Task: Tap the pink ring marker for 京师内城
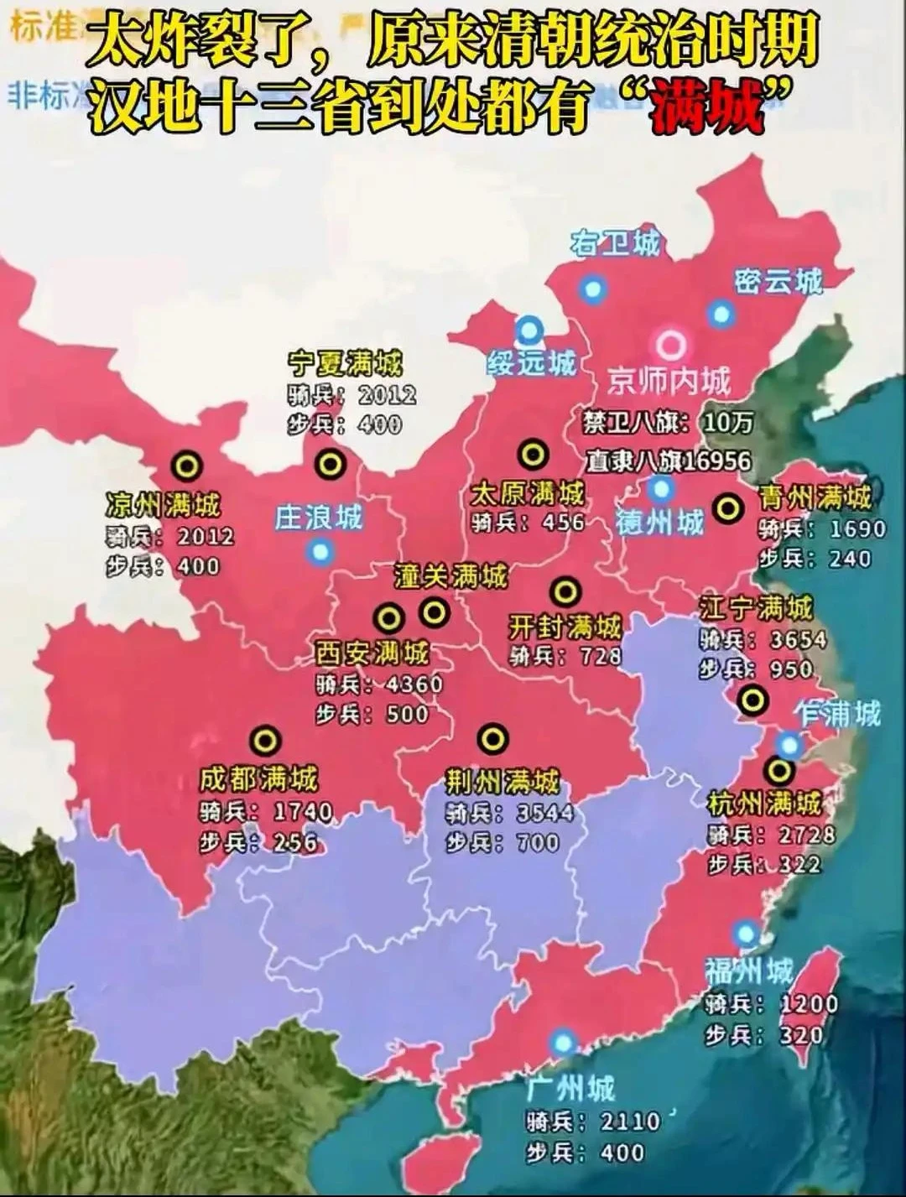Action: pos(671,344)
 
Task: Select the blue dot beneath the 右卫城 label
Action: pos(593,289)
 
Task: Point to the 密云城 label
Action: pos(778,281)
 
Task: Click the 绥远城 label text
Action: pos(532,363)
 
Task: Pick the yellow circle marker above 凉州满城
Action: pos(186,465)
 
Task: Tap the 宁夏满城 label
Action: pos(345,363)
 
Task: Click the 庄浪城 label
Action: pos(319,517)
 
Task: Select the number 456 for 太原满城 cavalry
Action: pos(563,522)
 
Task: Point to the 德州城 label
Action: pos(660,522)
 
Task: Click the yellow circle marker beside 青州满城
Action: pos(728,507)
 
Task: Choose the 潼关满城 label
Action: pos(451,576)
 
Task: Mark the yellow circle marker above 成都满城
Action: pos(265,741)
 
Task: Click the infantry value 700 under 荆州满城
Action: pos(538,841)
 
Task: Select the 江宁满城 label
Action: pos(757,607)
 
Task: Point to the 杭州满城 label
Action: pos(764,804)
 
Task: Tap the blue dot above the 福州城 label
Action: pos(745,933)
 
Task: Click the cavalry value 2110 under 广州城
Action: pos(630,1122)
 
